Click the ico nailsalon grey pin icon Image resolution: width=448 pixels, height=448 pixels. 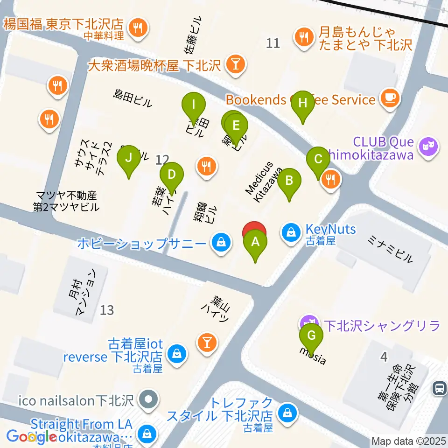[149, 400]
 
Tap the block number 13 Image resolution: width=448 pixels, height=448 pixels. [107, 310]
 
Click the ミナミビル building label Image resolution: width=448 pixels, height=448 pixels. [391, 250]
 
